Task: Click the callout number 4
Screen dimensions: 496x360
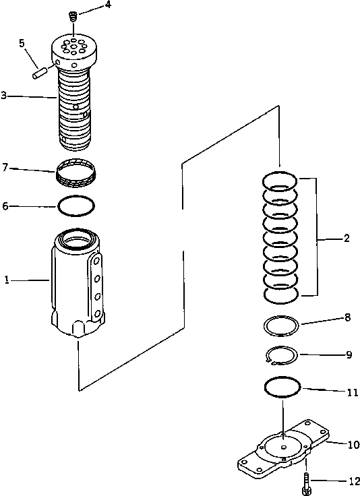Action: tap(107, 6)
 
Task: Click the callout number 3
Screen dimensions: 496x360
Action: tap(4, 96)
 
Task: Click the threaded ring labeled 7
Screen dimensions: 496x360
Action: tap(76, 173)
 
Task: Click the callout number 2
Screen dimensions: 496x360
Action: tap(346, 238)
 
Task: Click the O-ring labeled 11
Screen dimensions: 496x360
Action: tap(282, 387)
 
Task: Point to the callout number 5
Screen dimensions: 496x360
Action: tap(22, 42)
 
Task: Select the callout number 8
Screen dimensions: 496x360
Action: tap(348, 317)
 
